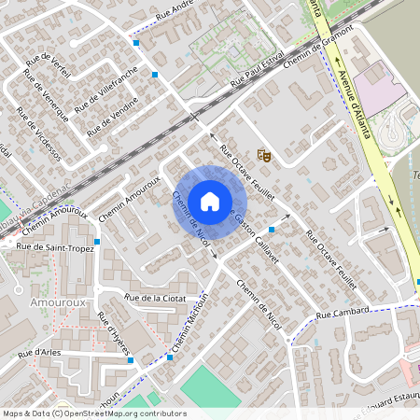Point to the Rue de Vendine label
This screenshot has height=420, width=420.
pos(112,119)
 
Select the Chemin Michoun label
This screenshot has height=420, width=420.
pos(188,321)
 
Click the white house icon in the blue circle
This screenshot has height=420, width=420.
pos(209,201)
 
